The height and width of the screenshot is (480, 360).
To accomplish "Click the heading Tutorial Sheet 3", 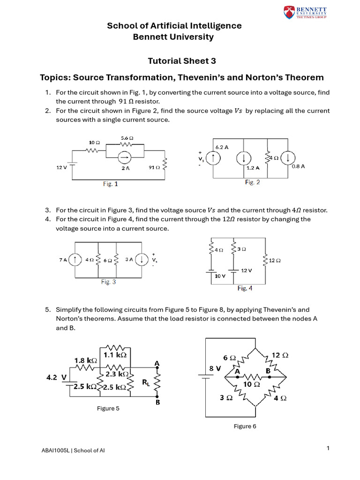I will pyautogui.click(x=175, y=61).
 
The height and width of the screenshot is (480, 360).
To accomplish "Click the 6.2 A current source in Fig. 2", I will pyautogui.click(x=214, y=158).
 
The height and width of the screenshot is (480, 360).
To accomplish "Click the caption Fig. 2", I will pyautogui.click(x=252, y=182).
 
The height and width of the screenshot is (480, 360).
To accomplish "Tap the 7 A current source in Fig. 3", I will pyautogui.click(x=74, y=259).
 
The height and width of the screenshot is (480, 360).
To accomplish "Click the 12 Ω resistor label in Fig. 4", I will pyautogui.click(x=275, y=260).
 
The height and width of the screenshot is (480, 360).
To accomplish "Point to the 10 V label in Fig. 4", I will pyautogui.click(x=220, y=277).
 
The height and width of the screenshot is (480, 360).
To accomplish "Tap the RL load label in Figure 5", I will pyautogui.click(x=146, y=382).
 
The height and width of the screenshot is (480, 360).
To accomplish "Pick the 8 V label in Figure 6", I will pyautogui.click(x=214, y=368).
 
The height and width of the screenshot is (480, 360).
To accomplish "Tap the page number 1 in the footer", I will pyautogui.click(x=328, y=448).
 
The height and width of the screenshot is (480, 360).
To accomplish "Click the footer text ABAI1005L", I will pyautogui.click(x=55, y=450).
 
